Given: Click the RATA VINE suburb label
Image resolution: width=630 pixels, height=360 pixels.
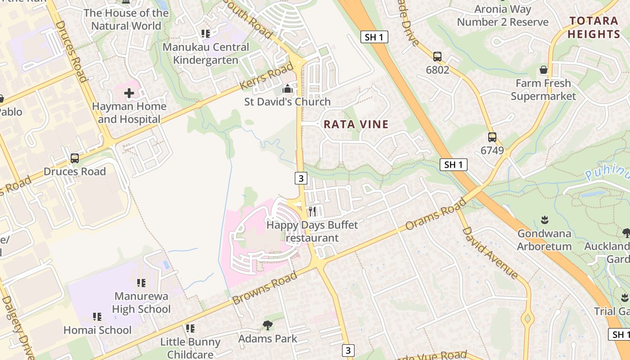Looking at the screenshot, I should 356,125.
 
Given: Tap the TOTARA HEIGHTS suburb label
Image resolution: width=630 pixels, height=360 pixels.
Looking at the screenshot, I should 594,27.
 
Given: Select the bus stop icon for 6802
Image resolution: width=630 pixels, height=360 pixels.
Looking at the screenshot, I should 437,57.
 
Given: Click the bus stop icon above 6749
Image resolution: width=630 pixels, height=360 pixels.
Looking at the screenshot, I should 492,137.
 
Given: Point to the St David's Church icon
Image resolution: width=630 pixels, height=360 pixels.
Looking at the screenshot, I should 288,89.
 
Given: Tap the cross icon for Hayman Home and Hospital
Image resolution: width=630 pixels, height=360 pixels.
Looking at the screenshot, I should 129,94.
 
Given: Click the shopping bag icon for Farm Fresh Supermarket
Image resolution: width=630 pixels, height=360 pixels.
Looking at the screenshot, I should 544,70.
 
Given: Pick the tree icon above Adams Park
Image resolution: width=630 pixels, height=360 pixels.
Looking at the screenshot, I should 268,325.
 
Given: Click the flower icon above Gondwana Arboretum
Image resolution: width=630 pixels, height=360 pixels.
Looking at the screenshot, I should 544,220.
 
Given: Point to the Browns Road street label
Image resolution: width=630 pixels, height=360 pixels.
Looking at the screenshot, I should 265,288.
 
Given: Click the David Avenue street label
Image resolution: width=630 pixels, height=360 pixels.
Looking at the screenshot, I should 490,252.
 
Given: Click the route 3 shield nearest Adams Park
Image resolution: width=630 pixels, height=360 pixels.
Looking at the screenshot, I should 347,350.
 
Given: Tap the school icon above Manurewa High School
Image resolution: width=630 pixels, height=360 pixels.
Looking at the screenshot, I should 141,283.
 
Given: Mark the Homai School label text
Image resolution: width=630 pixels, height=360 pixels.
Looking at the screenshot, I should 97,330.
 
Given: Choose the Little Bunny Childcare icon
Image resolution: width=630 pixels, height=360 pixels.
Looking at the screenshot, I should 190,328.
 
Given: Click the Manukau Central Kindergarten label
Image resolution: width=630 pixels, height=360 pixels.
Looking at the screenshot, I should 206,54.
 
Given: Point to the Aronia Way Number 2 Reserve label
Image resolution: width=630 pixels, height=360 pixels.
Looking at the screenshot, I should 503,16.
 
